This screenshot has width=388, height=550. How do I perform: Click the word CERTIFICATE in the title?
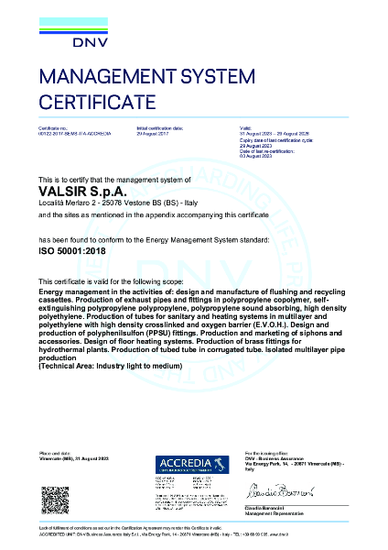pyautogui.click(x=97, y=100)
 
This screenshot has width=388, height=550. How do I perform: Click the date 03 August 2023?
pyautogui.click(x=253, y=159)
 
